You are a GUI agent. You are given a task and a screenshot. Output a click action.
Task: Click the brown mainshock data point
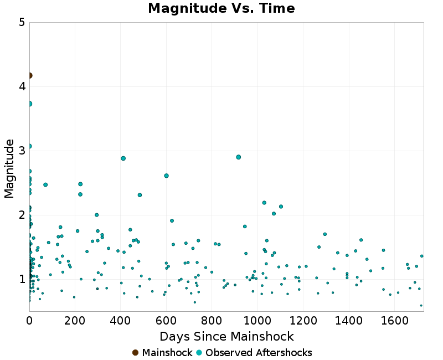pos(29,75)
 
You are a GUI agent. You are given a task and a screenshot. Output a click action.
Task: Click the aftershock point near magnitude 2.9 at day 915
pos(239,157)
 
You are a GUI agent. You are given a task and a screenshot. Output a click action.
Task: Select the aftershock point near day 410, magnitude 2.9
pos(123,158)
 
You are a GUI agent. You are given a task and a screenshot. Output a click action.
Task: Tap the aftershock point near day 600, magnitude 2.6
pos(166,176)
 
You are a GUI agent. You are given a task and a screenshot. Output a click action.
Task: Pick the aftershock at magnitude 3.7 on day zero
pos(29,104)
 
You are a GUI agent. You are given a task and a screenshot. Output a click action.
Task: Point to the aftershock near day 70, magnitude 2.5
pos(45,184)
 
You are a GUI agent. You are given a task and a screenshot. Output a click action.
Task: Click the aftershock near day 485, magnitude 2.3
pos(140,195)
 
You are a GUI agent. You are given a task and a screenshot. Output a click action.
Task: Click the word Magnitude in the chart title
pos(176,8)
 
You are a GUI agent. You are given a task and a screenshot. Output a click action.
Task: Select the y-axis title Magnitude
pos(9,168)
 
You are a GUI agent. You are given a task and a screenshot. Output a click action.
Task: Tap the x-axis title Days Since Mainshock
pos(226,336)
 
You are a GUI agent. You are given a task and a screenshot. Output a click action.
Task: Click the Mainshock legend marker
pos(135,353)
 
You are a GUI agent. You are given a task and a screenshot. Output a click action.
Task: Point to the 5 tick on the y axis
pos(22,23)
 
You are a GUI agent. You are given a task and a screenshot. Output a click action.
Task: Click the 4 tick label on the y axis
pos(22,86)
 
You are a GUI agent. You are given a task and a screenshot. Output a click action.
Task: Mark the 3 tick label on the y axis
pos(22,151)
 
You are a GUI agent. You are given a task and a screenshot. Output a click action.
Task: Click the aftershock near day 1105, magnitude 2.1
pos(281,207)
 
